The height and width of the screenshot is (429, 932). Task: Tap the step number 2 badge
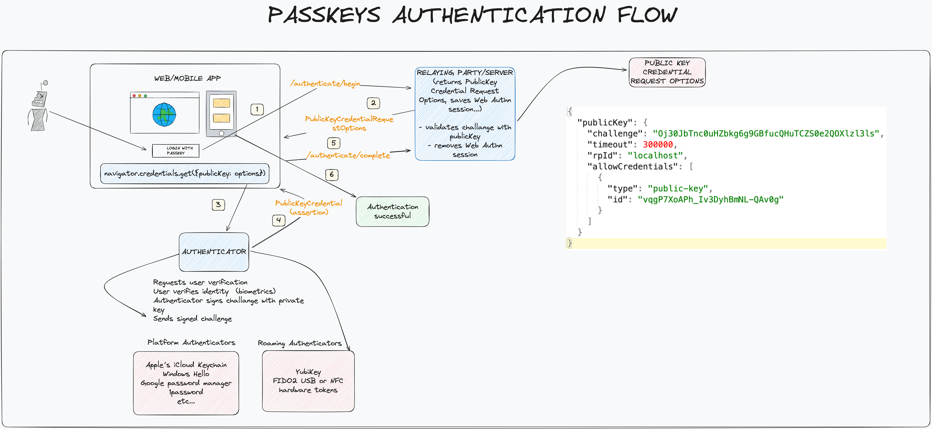373,103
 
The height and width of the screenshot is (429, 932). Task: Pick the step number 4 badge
279,220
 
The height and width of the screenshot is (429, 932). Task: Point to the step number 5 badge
334,143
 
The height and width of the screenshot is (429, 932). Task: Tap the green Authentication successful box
393,211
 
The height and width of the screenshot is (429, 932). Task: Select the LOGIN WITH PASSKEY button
176,151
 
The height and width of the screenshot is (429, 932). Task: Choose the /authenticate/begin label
325,84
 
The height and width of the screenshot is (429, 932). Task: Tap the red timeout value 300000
657,144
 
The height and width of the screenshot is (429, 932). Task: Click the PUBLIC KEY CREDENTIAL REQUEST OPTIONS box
667,72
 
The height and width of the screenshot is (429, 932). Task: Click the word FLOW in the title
647,15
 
